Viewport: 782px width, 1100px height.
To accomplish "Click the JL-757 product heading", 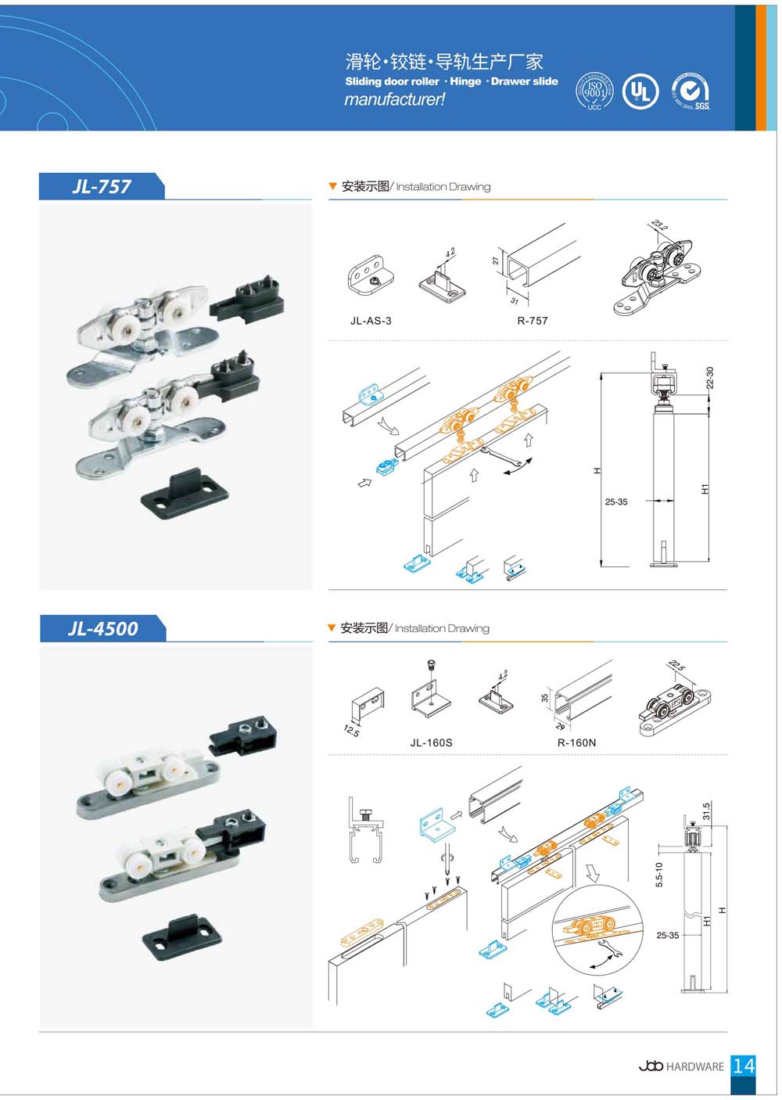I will [102, 186].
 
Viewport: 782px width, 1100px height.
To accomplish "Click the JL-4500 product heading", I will [102, 628].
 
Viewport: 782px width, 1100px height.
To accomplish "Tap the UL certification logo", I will [640, 92].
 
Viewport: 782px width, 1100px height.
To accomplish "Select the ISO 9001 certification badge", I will [594, 92].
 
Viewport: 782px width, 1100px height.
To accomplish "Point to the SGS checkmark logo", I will [691, 91].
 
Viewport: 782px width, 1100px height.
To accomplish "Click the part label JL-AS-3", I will [371, 321].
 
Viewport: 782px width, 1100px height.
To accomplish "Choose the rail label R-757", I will [533, 321].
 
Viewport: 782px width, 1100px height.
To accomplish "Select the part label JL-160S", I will [431, 742].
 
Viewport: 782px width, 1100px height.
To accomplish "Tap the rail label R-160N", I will [576, 742].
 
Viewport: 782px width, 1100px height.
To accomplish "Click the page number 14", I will [744, 1066].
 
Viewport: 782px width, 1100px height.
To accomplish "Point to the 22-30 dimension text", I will [710, 378].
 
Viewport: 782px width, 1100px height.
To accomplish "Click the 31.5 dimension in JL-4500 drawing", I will [706, 811].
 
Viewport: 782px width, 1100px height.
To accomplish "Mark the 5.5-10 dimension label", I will [659, 874].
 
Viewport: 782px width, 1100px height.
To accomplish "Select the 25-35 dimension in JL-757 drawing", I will [616, 502].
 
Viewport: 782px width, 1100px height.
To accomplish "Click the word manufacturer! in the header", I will [395, 99].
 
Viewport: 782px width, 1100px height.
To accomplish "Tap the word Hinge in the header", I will [465, 81].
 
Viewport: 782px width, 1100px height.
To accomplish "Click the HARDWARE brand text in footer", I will [694, 1066].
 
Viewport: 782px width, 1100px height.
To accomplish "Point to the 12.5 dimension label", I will [351, 731].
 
